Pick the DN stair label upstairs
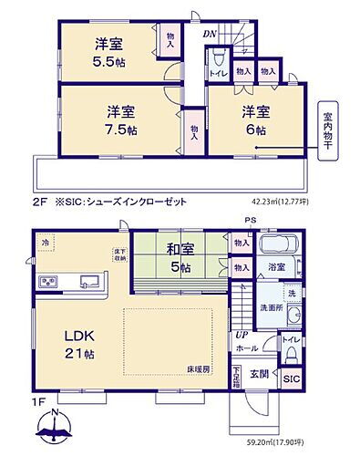click(x=208, y=35)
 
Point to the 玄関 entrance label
click(x=259, y=373)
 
